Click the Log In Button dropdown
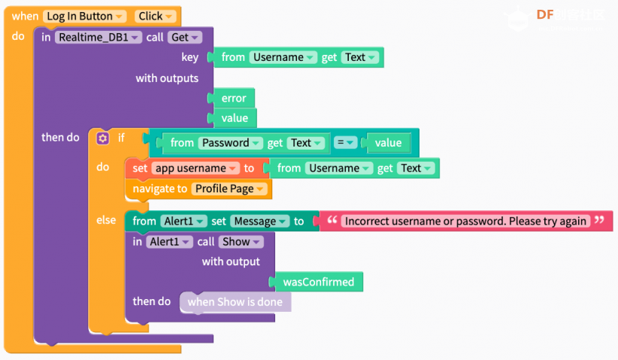pyautogui.click(x=85, y=16)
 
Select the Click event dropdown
pyautogui.click(x=156, y=16)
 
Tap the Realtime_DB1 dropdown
pyautogui.click(x=98, y=38)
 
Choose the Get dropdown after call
pyautogui.click(x=184, y=38)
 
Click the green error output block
pyautogui.click(x=234, y=98)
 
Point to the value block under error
pyautogui.click(x=235, y=118)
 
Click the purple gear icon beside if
pyautogui.click(x=103, y=138)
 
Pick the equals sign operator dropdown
pyautogui.click(x=345, y=142)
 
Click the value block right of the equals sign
pyautogui.click(x=388, y=143)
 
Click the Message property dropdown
pyautogui.click(x=259, y=222)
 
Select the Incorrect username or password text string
pyautogui.click(x=465, y=221)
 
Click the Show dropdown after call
pyautogui.click(x=241, y=241)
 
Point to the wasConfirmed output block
pyautogui.click(x=319, y=282)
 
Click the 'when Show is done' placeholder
pyautogui.click(x=235, y=302)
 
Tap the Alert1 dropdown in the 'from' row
pyautogui.click(x=183, y=222)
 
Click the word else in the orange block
pyautogui.click(x=106, y=219)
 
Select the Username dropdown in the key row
pyautogui.click(x=283, y=57)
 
